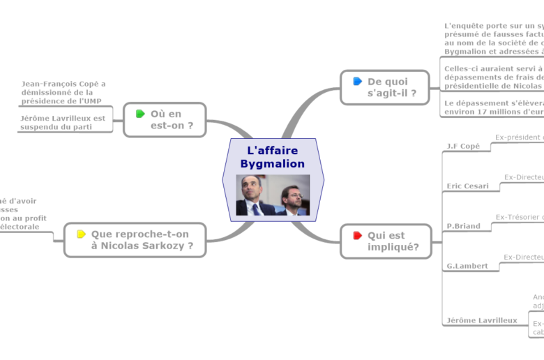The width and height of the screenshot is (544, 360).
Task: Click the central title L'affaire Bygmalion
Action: click(x=273, y=157)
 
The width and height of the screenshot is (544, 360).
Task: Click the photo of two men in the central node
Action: click(x=273, y=195)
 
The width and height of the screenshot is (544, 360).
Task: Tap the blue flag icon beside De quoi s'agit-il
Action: click(x=358, y=82)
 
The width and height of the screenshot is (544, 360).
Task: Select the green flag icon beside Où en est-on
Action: click(x=140, y=114)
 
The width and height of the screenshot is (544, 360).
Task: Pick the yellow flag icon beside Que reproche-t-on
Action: click(x=81, y=234)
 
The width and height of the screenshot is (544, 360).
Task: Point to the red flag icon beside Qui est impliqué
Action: click(x=358, y=235)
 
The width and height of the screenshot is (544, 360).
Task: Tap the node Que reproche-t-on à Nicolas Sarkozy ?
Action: click(x=142, y=239)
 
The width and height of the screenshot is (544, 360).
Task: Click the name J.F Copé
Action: click(x=463, y=146)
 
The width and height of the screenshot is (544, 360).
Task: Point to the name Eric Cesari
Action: click(x=467, y=186)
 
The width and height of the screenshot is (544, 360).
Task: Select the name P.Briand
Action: click(x=463, y=225)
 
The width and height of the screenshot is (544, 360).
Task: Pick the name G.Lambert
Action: click(x=467, y=265)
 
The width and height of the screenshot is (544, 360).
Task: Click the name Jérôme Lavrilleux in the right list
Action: click(x=482, y=320)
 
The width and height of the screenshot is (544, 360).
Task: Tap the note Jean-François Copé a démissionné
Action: click(x=63, y=92)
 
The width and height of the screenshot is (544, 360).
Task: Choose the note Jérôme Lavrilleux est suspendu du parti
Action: click(x=63, y=122)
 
